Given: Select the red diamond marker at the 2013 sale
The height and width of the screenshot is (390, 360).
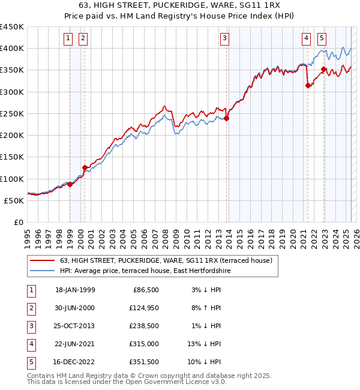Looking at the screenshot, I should pyautogui.click(x=227, y=118).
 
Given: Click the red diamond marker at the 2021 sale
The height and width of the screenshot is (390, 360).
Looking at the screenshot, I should pyautogui.click(x=308, y=85).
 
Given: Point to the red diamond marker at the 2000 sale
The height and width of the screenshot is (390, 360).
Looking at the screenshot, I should pyautogui.click(x=85, y=167).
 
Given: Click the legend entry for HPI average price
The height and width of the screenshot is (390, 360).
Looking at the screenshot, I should pyautogui.click(x=145, y=271).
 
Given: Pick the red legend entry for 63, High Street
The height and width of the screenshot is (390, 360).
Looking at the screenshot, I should pyautogui.click(x=166, y=260).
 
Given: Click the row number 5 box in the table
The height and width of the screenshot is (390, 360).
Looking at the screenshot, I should pyautogui.click(x=31, y=362).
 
